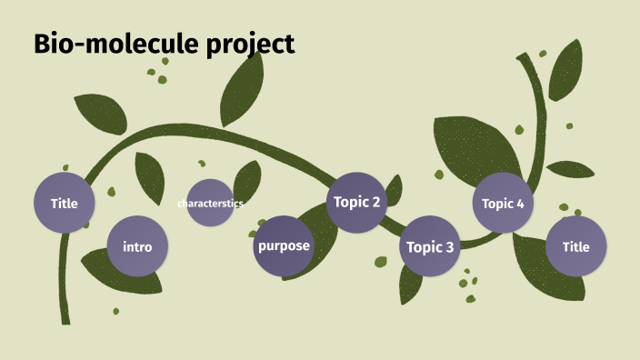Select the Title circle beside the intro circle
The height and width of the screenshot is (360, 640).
(65, 203)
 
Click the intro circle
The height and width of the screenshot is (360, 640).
(137, 246)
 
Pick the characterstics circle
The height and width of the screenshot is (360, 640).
(210, 203)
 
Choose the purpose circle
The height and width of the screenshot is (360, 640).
(284, 245)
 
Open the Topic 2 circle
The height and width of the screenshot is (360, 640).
(357, 202)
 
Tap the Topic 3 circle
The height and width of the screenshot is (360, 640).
(430, 246)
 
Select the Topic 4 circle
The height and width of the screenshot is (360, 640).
(503, 203)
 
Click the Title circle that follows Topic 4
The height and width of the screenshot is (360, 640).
(575, 246)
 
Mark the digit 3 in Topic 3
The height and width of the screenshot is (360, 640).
(449, 246)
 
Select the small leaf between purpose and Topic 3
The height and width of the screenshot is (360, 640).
(381, 262)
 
